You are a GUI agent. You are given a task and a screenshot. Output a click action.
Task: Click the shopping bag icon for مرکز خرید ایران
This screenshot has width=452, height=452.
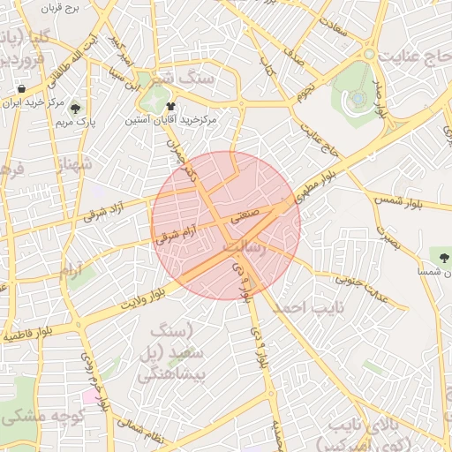(20, 89)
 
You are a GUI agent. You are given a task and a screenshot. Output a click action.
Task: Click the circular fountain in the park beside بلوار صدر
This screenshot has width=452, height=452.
(358, 98)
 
